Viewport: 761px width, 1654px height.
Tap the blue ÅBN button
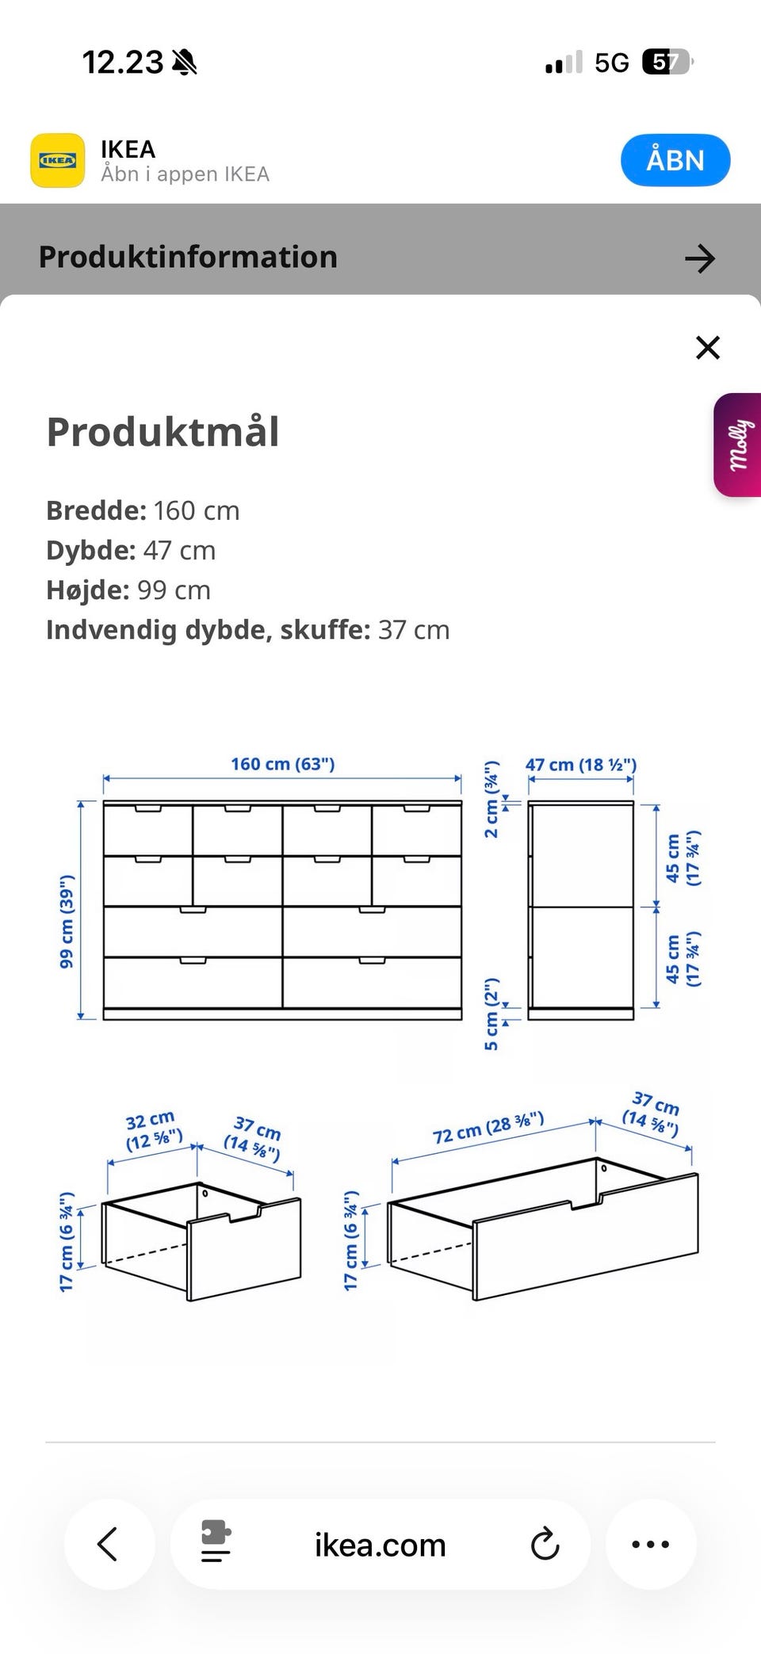click(x=675, y=160)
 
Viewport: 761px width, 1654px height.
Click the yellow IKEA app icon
click(x=57, y=160)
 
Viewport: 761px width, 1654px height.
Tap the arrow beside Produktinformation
click(x=699, y=258)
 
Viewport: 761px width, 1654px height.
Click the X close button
click(x=707, y=347)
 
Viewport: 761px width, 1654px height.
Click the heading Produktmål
click(x=163, y=432)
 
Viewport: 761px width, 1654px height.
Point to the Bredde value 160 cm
click(x=196, y=510)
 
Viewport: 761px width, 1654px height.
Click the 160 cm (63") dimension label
click(x=282, y=764)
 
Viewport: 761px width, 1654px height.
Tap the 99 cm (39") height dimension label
click(x=67, y=921)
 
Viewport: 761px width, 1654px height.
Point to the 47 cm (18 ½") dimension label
click(x=580, y=765)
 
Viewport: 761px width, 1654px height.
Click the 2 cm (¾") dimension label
click(x=492, y=799)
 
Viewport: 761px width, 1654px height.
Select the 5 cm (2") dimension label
click(x=492, y=1014)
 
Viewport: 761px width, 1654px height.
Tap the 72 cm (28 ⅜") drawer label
click(x=488, y=1128)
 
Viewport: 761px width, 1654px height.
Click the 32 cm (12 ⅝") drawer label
click(x=153, y=1131)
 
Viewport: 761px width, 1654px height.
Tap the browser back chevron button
click(x=109, y=1544)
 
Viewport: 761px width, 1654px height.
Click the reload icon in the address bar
click(x=545, y=1544)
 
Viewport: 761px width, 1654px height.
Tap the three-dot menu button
click(x=651, y=1544)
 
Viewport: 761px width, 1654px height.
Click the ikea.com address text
click(x=380, y=1545)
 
